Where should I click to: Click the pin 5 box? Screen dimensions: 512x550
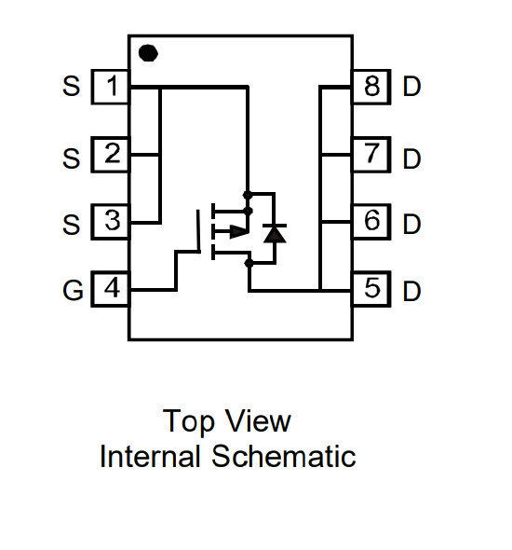pos(371,289)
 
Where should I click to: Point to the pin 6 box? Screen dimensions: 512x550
pos(371,222)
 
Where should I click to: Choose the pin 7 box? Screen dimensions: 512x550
pos(371,155)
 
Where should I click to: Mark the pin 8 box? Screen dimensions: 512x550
pos(371,87)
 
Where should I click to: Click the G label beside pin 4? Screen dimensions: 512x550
pos(73,291)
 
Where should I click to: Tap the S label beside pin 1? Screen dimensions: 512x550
pos(71,86)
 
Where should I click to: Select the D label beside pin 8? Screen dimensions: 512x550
pos(411,86)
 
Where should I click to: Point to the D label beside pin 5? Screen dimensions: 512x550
pos(411,291)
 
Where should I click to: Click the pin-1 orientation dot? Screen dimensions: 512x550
pos(148,53)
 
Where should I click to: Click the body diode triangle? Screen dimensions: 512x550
pos(275,234)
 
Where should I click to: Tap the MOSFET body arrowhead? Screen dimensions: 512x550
pos(239,231)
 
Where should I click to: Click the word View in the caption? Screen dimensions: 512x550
pos(258,420)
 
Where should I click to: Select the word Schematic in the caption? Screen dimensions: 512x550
pos(284,456)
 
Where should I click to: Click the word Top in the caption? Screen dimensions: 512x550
pos(188,422)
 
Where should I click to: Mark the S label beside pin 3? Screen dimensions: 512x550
pos(71,224)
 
